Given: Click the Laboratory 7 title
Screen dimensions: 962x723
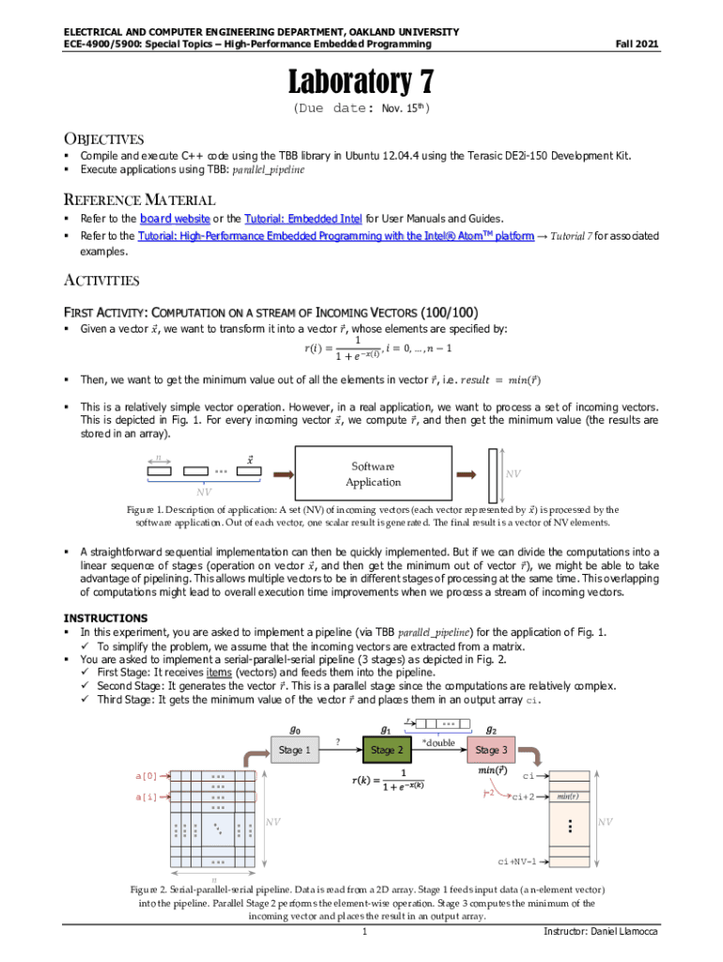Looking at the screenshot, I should pos(361,84).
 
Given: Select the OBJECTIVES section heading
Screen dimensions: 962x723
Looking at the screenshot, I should pos(103,139).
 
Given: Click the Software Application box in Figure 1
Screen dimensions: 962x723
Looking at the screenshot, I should pos(373,474).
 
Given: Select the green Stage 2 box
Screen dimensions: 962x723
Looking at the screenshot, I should pos(387,750).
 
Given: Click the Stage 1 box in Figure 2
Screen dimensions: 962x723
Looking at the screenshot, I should pos(291,750).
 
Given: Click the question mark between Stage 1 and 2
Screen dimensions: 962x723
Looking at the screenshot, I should pos(337,742).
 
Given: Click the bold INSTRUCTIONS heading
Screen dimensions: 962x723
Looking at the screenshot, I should pos(104,617).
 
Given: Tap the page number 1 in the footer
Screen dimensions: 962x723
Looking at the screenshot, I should pos(362,933).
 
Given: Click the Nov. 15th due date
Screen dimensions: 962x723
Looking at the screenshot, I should pos(405,109).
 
